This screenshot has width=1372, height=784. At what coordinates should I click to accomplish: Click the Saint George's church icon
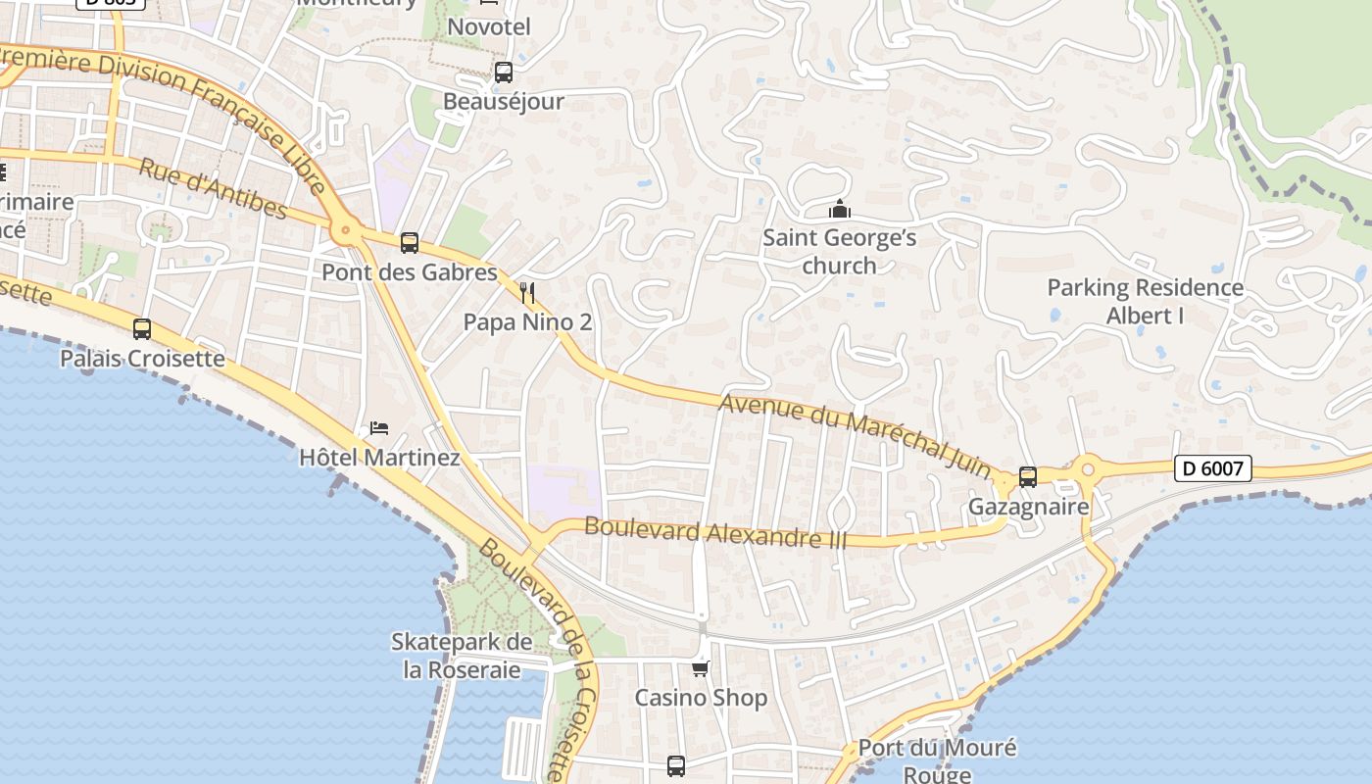click(x=839, y=209)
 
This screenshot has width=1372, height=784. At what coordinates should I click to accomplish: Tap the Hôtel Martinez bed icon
click(x=379, y=428)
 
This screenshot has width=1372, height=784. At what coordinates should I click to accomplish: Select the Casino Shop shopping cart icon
click(x=700, y=669)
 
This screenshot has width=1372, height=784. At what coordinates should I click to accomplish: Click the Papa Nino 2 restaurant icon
click(x=527, y=292)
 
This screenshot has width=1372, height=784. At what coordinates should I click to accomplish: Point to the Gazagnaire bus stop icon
click(x=1028, y=477)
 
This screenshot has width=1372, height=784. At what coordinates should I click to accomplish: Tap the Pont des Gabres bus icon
click(x=410, y=242)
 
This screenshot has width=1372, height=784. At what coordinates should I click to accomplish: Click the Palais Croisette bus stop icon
click(x=142, y=328)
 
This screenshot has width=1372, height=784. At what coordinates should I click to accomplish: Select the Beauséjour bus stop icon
click(x=504, y=72)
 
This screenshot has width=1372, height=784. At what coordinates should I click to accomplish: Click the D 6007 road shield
click(x=1212, y=468)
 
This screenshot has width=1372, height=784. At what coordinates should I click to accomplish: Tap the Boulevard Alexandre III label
click(x=714, y=533)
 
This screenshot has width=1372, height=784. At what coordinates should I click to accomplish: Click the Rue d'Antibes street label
click(x=213, y=188)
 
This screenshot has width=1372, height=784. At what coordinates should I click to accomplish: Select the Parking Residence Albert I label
click(x=1145, y=301)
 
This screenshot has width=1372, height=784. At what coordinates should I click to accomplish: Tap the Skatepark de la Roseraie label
click(x=462, y=656)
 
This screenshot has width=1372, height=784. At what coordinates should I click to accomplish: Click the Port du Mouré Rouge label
click(x=937, y=760)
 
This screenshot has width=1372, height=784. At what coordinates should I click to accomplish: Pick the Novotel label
click(x=489, y=26)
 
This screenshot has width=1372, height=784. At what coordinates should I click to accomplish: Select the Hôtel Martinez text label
click(x=379, y=457)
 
